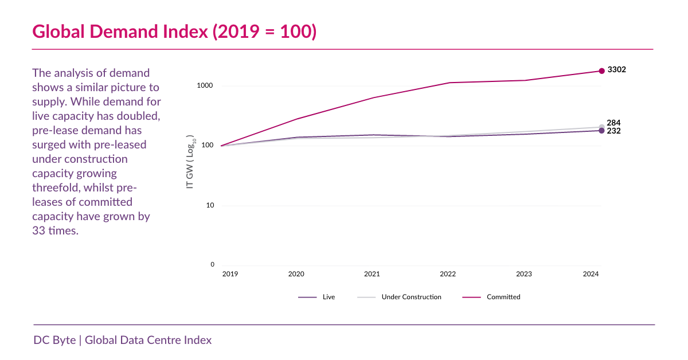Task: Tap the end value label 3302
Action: coord(616,70)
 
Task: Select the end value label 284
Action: coord(613,123)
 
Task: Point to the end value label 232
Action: coord(613,131)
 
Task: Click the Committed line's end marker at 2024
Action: coord(601,71)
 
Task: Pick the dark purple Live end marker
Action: coord(601,131)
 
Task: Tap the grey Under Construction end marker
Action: coord(601,127)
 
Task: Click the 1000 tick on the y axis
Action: coord(206,86)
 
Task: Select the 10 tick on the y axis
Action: coord(210,205)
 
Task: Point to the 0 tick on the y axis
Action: coord(212,265)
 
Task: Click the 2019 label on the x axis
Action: coord(230,275)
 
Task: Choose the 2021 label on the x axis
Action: coord(372,275)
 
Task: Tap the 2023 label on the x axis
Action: coord(523,275)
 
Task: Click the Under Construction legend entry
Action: coord(411,297)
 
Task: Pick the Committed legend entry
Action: coord(503,297)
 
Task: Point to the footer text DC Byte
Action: coord(54,340)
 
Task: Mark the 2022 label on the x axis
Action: coord(448,275)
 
